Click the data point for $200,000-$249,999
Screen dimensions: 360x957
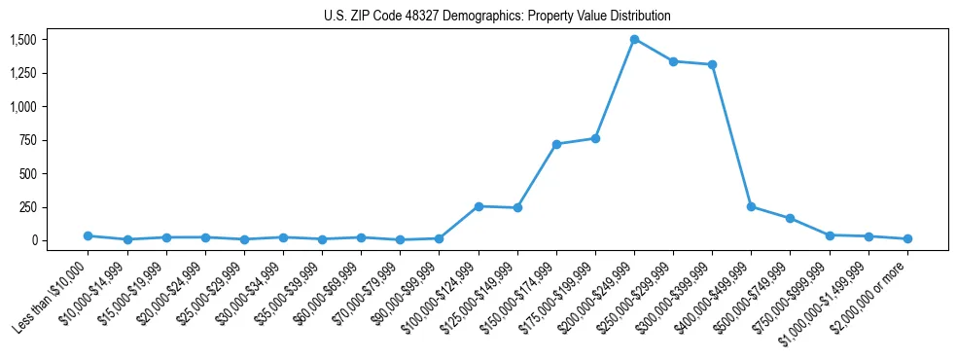point(634,40)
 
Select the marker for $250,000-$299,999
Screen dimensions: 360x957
point(673,61)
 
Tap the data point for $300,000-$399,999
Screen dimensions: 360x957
point(712,65)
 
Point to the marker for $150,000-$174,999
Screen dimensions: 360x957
point(556,144)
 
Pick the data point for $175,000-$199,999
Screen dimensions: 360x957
point(595,138)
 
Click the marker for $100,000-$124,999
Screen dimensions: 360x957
point(478,206)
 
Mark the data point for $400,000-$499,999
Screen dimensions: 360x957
point(751,206)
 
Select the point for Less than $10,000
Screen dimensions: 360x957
point(89,235)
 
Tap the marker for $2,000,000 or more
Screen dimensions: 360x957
point(907,238)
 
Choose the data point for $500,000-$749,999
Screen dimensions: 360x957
point(790,218)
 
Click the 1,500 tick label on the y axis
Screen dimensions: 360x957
point(22,40)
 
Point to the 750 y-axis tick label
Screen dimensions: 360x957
point(28,140)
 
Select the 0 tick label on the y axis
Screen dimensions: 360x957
point(33,240)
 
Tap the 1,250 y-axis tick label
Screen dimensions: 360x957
point(22,73)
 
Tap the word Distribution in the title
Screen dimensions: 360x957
point(641,17)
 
